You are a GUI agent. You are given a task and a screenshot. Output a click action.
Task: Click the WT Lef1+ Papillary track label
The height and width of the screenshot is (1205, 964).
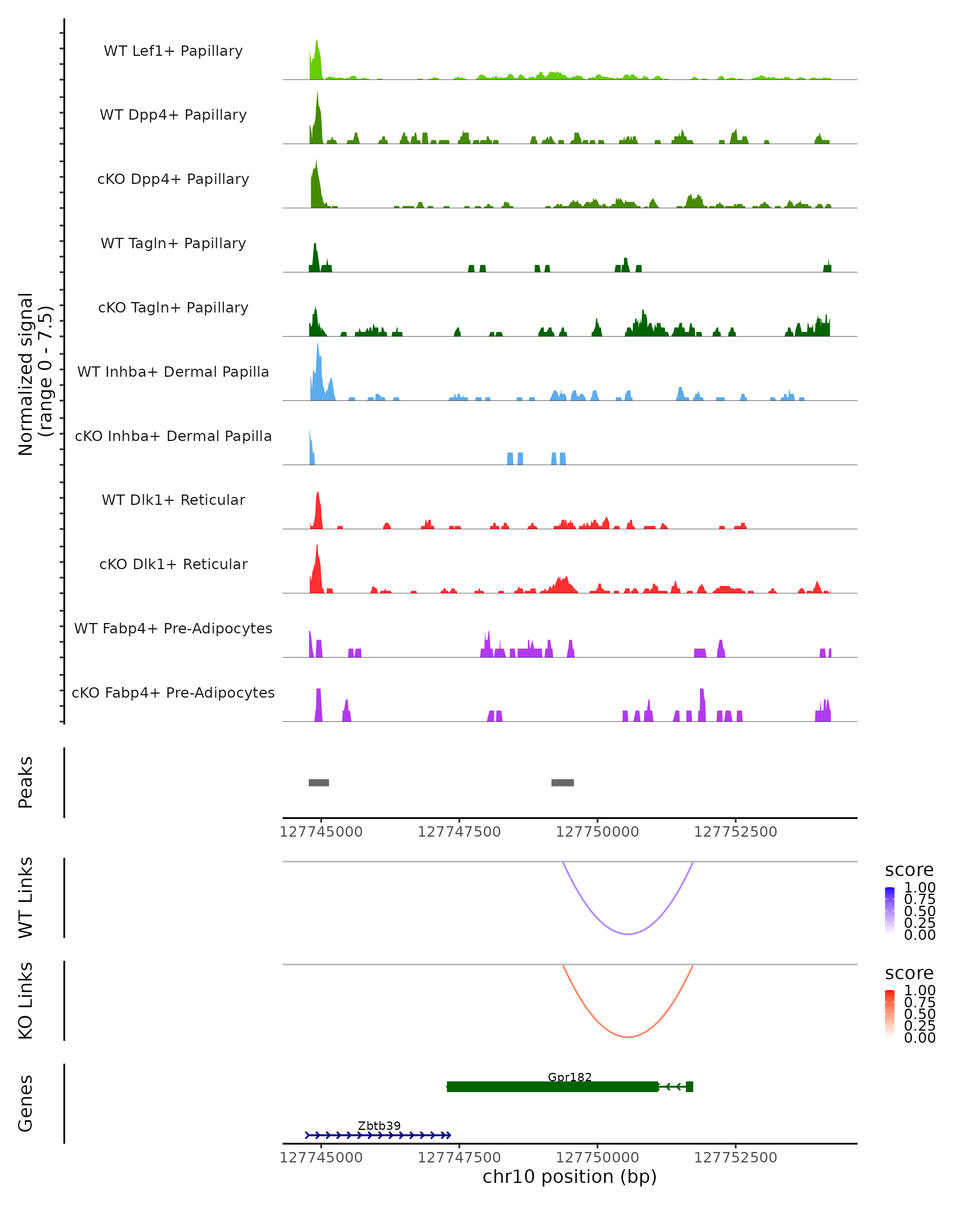click(x=173, y=51)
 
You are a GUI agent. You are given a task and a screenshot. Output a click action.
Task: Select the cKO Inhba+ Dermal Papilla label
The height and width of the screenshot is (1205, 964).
click(x=173, y=436)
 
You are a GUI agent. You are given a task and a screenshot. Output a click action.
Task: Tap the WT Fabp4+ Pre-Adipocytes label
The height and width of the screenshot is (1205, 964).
click(x=173, y=628)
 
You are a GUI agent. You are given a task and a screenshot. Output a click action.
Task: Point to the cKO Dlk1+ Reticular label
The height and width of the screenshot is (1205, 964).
click(x=173, y=564)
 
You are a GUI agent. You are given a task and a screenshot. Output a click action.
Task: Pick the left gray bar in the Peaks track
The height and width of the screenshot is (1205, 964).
click(x=319, y=782)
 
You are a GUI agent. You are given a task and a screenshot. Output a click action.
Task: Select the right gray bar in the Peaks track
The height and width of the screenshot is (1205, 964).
click(x=562, y=782)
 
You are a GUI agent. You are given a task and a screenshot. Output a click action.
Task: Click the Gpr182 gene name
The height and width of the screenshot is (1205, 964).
click(x=570, y=1077)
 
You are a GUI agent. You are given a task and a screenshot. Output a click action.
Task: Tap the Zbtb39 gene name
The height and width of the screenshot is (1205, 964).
click(x=379, y=1125)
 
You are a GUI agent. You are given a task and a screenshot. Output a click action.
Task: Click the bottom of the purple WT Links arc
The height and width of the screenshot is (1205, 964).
click(x=628, y=933)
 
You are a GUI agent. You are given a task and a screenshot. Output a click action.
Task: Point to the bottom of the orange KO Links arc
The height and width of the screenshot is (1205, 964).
click(x=628, y=1037)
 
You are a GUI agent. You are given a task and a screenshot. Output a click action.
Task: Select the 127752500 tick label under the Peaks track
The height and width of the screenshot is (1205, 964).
click(x=735, y=832)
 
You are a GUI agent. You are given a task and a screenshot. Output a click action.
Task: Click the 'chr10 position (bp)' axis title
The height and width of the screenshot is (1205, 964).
click(x=570, y=1176)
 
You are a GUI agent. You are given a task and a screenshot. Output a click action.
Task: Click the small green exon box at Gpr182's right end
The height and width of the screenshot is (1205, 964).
click(x=690, y=1087)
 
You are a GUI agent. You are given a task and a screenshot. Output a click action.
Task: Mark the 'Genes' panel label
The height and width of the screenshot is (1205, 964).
click(x=26, y=1104)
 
